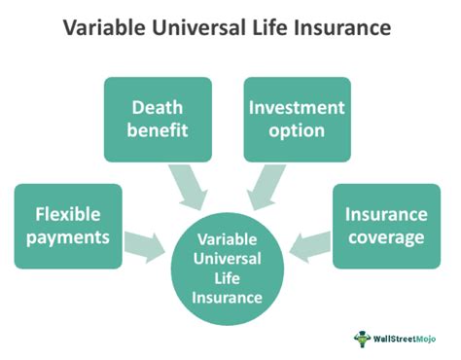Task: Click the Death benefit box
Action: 157,119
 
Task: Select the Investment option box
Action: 295,119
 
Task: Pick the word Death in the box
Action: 157,106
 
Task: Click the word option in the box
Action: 295,131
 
